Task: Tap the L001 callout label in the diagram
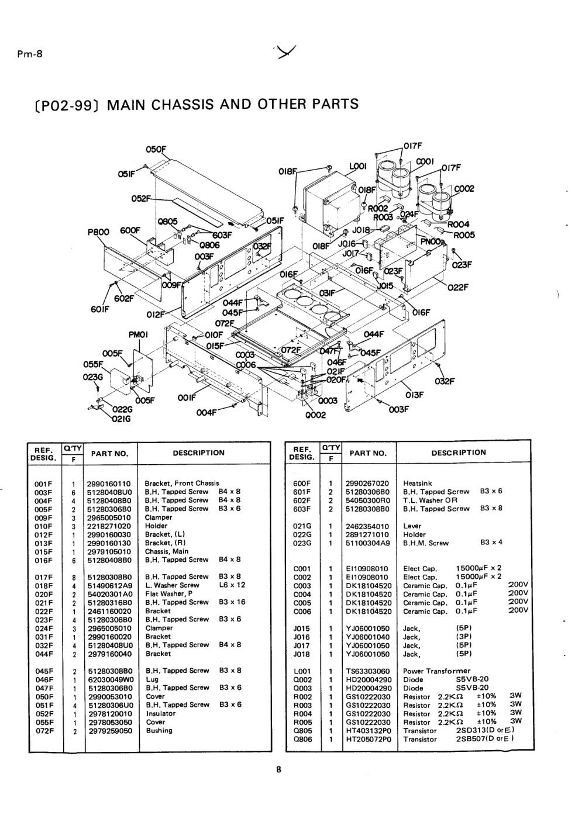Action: (357, 167)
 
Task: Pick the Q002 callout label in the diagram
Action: (309, 415)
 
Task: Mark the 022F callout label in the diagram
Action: (458, 287)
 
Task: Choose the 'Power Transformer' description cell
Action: (436, 671)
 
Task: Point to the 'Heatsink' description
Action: (418, 484)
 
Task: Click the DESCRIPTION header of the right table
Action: (459, 453)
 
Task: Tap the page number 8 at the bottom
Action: (279, 770)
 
